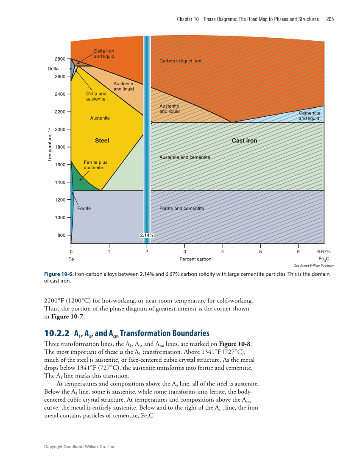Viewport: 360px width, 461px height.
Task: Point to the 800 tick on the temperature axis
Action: click(61, 235)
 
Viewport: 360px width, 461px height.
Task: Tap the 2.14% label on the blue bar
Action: click(147, 235)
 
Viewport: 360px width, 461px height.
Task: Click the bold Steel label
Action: click(102, 140)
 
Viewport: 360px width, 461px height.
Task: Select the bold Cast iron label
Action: click(244, 140)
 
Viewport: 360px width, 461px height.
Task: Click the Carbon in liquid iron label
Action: click(180, 61)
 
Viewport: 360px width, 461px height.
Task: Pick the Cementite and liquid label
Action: click(309, 116)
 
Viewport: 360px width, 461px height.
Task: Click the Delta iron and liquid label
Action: click(104, 53)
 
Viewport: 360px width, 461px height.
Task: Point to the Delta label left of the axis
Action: click(53, 68)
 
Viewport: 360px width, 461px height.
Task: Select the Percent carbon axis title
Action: click(195, 259)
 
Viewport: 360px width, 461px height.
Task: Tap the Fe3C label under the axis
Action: click(324, 259)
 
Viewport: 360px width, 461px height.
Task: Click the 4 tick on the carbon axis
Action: click(223, 251)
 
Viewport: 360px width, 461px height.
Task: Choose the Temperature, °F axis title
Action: click(50, 145)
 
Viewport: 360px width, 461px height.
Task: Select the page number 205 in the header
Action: click(330, 20)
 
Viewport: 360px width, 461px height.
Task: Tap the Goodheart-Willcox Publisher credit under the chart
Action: click(313, 265)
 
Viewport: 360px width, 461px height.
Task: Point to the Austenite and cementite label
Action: click(184, 157)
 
